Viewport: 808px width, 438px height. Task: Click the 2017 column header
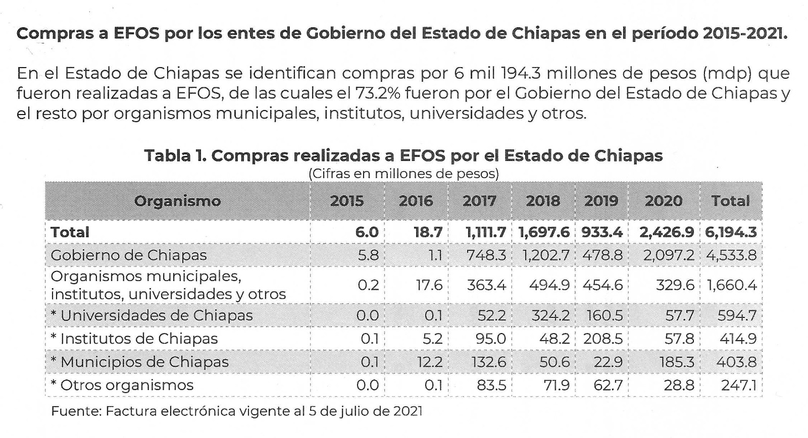click(479, 201)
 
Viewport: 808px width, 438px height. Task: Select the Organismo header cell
click(177, 201)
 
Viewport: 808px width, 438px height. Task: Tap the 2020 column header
click(663, 201)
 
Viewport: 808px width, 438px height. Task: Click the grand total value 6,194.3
click(731, 232)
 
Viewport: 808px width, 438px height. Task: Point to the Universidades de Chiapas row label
click(151, 315)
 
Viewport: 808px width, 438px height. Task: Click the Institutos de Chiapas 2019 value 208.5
click(602, 339)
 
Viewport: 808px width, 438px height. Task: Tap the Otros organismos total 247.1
click(738, 386)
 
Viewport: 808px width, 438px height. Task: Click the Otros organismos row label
click(122, 386)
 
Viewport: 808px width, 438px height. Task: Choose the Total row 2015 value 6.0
click(367, 232)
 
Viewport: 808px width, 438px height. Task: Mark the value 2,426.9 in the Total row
click(666, 232)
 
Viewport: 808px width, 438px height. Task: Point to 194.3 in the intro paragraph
click(521, 74)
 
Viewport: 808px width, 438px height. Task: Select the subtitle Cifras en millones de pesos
click(403, 174)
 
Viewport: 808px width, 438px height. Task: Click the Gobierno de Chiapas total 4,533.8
click(731, 255)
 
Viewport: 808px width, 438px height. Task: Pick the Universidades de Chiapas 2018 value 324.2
click(550, 315)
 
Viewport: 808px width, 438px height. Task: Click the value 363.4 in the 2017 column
click(486, 285)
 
